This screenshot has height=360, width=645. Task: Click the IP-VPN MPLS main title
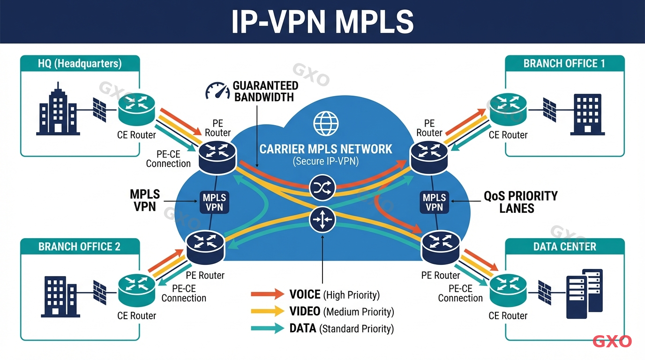point(322,22)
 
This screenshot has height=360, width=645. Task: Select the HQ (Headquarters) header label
point(80,64)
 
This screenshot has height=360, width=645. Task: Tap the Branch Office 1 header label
point(564,64)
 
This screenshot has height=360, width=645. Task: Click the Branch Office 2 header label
point(80,247)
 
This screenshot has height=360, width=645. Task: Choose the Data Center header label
point(564,247)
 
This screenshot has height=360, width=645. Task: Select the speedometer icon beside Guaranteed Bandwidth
point(217,90)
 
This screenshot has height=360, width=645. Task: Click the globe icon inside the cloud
point(326,123)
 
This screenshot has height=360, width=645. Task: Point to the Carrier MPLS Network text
point(326,149)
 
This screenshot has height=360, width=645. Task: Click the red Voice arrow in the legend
point(267,294)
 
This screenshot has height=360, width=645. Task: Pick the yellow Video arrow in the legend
point(267,311)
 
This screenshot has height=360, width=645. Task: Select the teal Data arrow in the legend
point(267,328)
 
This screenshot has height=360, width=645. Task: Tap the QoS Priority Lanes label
point(520,202)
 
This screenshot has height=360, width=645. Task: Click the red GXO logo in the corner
point(612,341)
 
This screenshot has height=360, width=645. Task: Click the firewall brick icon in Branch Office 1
point(549,109)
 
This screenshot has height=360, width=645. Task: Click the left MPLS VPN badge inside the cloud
point(215,202)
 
